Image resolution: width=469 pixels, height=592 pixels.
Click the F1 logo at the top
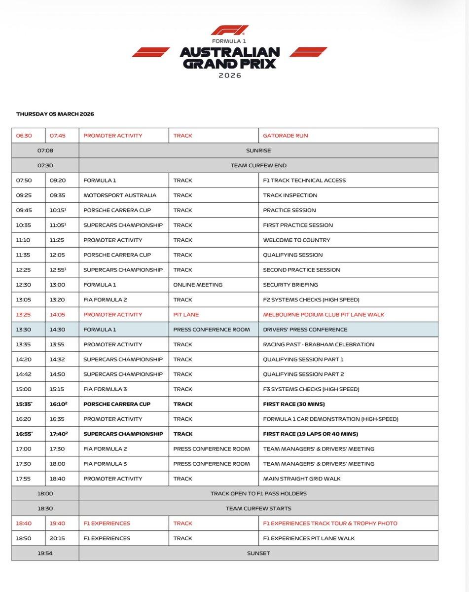(229, 31)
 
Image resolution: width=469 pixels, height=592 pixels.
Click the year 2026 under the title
(230, 75)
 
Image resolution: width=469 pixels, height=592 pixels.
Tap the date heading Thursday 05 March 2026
(55, 114)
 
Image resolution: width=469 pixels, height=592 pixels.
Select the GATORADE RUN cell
(286, 136)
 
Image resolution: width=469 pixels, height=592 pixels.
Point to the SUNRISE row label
(258, 150)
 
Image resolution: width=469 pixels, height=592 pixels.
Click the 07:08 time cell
(45, 150)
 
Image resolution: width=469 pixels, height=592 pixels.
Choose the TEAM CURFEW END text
(258, 165)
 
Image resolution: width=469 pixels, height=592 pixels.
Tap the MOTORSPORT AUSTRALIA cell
(120, 195)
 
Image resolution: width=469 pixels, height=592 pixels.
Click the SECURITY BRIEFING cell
(290, 285)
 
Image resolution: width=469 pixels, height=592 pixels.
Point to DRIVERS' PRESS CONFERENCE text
(305, 330)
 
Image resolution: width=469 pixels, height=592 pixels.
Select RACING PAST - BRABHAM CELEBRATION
(319, 344)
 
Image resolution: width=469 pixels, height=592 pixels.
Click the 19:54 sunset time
(45, 553)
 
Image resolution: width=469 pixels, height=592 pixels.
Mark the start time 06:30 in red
(24, 136)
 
